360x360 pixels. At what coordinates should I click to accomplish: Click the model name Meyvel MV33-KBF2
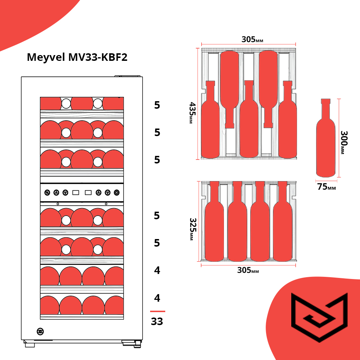(77, 58)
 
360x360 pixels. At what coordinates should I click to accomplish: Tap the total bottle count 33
(157, 321)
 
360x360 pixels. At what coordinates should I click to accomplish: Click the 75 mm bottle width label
(327, 187)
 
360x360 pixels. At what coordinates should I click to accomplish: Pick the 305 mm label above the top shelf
(252, 40)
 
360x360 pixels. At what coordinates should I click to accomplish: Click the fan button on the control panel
(47, 193)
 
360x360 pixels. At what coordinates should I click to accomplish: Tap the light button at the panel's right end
(117, 193)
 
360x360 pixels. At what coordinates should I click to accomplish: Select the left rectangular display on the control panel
(76, 193)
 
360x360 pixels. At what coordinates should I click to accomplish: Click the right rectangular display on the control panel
(88, 193)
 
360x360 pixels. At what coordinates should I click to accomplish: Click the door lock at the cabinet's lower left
(40, 332)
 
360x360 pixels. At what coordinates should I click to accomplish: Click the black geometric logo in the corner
(319, 317)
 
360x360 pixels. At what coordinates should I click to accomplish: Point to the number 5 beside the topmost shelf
(157, 105)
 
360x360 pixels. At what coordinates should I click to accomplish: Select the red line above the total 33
(158, 311)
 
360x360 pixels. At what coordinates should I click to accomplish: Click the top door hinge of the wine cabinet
(129, 76)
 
